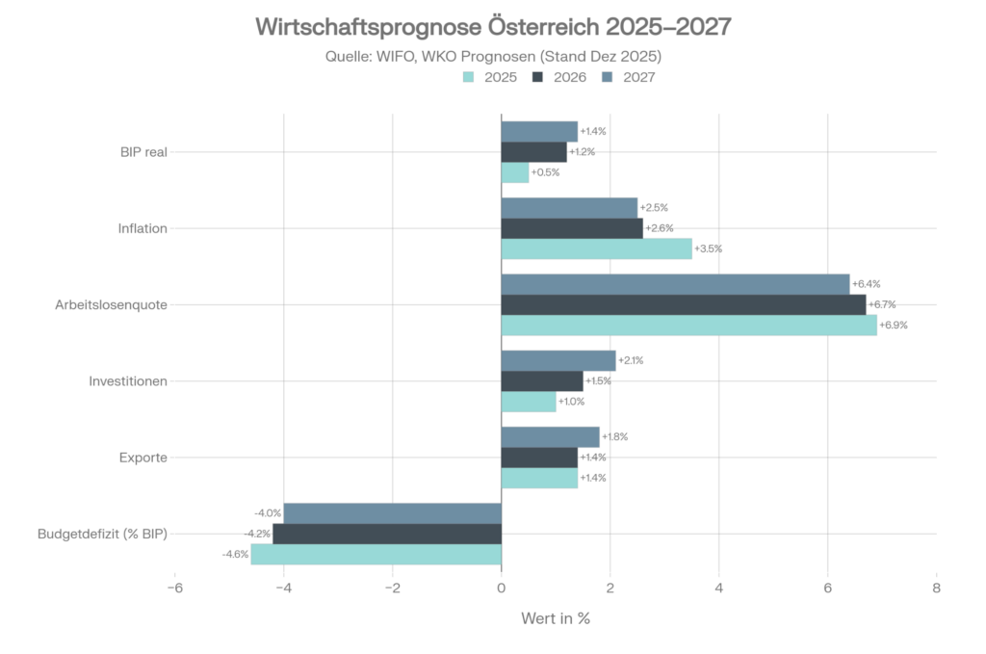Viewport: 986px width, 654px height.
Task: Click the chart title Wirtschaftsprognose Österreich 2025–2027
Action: pos(493,26)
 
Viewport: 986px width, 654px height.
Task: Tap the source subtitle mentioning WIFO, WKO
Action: pos(493,56)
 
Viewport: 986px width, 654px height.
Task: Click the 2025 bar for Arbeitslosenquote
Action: pos(688,325)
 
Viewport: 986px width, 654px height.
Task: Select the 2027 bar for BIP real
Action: pos(539,131)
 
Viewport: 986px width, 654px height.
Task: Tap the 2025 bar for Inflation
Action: pos(596,249)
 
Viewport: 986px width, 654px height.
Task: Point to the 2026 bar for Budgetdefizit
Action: pos(387,534)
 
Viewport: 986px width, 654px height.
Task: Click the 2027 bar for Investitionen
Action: pos(558,360)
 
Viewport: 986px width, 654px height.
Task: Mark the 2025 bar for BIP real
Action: pos(515,172)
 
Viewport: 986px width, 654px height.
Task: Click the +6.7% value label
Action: pos(882,304)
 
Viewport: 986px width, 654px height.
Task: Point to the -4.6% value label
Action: pos(236,554)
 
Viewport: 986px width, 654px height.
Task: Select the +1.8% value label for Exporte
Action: pos(615,436)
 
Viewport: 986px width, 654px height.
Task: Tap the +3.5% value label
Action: pos(708,249)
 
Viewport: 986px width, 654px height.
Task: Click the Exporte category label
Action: pos(143,458)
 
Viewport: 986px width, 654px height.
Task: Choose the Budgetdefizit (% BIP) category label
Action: pos(102,534)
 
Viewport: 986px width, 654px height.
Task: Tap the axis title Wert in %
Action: pos(555,618)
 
